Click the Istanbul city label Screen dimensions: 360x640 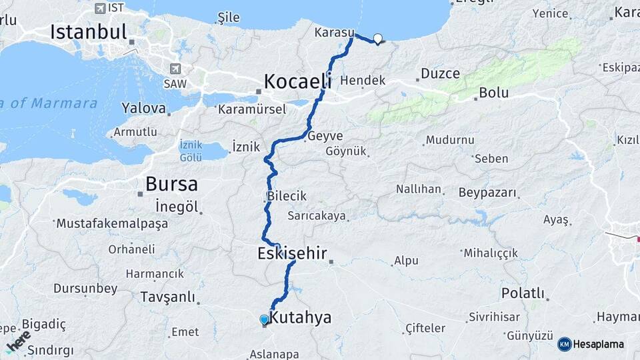click(x=88, y=31)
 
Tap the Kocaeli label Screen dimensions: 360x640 click(x=297, y=81)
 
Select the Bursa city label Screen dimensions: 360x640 click(x=171, y=184)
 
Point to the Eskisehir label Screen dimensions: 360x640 click(x=292, y=253)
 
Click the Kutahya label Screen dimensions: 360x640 click(x=300, y=317)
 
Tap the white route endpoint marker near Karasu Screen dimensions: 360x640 click(x=378, y=39)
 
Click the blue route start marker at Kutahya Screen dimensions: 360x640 click(x=265, y=319)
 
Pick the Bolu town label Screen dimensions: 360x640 click(x=494, y=93)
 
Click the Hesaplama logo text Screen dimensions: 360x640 click(x=599, y=344)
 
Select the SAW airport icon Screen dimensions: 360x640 click(x=175, y=69)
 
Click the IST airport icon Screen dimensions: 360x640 click(x=100, y=8)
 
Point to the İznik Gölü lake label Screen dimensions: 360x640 click(x=191, y=151)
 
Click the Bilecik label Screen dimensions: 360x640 click(x=287, y=196)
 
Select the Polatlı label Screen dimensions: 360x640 click(x=523, y=293)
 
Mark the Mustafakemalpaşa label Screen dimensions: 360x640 click(x=113, y=224)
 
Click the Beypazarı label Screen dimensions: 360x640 click(x=487, y=193)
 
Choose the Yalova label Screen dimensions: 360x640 click(x=143, y=108)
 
